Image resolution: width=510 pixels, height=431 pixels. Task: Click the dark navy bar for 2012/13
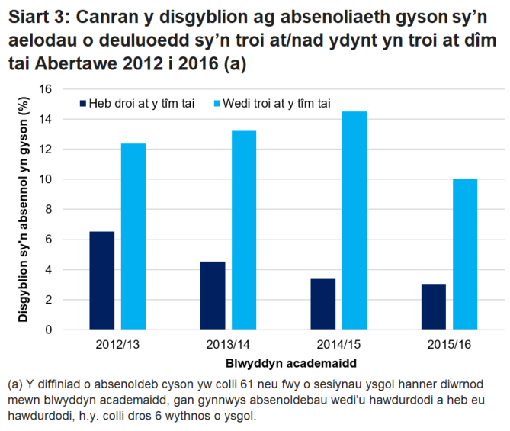tap(101, 281)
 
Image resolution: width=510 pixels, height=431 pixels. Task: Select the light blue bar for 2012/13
tap(133, 236)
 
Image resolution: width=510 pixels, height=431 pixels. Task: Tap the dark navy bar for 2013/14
tap(213, 295)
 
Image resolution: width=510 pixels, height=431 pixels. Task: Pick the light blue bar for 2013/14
tap(244, 230)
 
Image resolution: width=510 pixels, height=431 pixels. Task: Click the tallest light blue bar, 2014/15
tap(354, 220)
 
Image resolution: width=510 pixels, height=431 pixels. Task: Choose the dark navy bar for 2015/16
tap(434, 307)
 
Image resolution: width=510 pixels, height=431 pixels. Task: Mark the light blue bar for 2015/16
tap(465, 254)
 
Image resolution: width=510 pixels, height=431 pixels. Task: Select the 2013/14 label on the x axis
tap(228, 345)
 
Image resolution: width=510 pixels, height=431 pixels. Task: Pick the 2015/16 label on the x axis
tap(450, 345)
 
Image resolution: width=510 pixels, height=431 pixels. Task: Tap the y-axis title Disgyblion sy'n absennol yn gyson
tap(24, 210)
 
